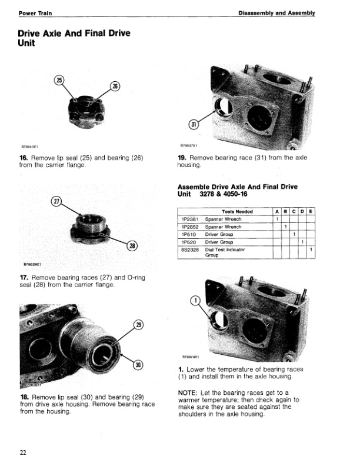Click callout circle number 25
pos(58,80)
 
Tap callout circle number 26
pos(115,86)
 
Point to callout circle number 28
pos(132,247)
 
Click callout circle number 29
pos(139,325)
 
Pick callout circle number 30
pos(139,365)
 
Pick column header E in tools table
pos(310,212)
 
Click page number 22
pos(22,452)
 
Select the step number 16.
pos(24,158)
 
